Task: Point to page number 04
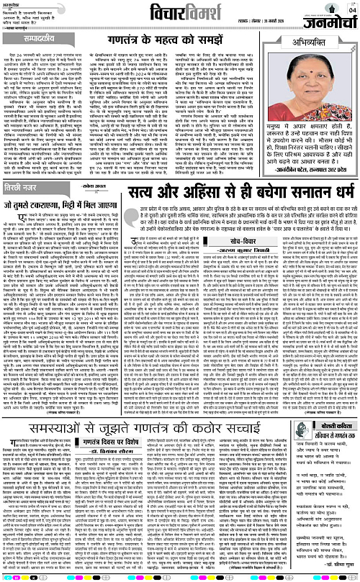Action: tap(351, 9)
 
